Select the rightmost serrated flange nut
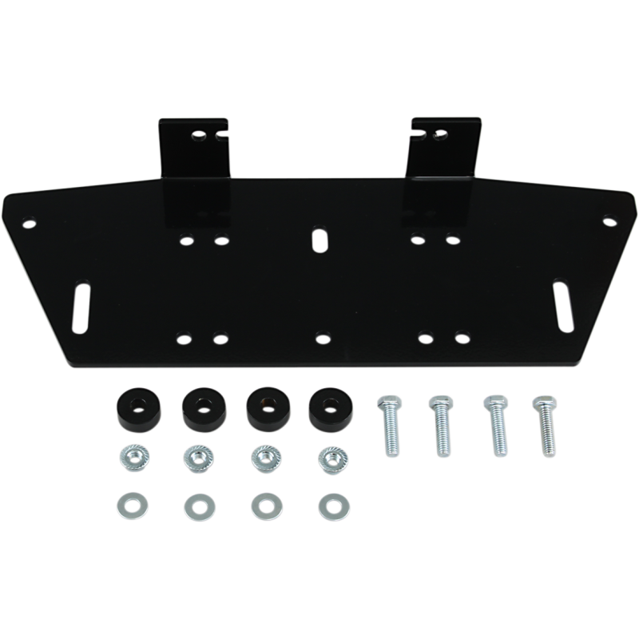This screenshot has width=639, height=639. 327,458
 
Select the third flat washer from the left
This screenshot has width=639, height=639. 260,504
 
